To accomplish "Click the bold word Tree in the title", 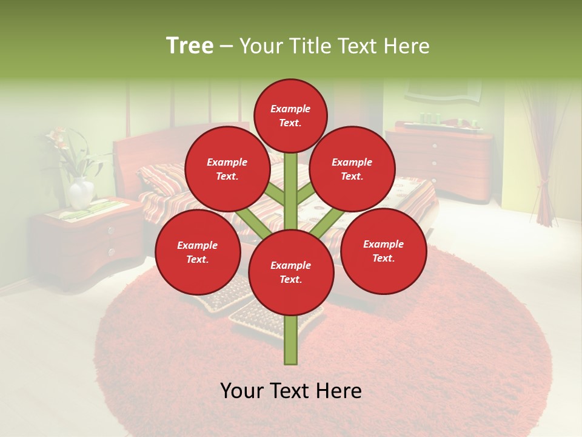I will click(x=189, y=46).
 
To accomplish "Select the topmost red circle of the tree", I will click(x=290, y=115).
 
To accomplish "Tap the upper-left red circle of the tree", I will click(x=227, y=169).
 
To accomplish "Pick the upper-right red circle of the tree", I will click(x=352, y=169).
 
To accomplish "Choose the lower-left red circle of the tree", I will click(x=198, y=252).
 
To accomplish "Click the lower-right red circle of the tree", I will click(x=383, y=251).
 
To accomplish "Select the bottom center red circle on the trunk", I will click(x=291, y=273).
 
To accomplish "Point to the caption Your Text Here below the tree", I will click(x=291, y=391).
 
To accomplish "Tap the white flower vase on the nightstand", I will click(x=81, y=194).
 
